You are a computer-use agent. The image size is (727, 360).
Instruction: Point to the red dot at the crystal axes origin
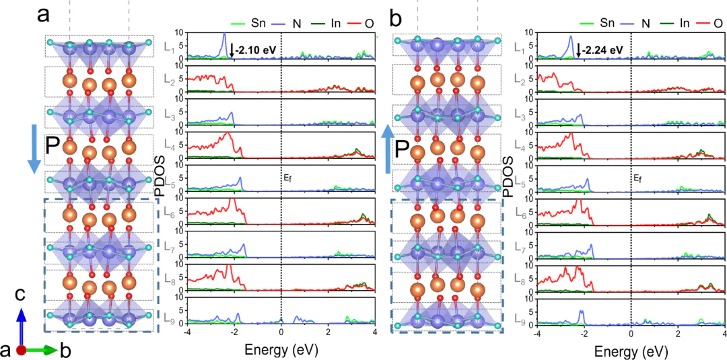point(22,350)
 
